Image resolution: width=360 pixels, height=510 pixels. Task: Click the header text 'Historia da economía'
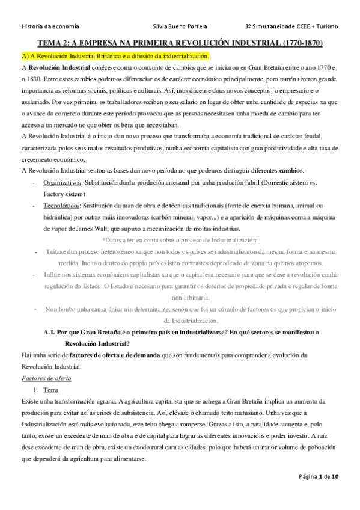tap(50, 28)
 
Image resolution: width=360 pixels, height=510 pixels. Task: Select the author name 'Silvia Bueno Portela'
tap(180, 28)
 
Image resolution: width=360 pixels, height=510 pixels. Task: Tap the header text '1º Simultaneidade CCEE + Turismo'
tap(292, 28)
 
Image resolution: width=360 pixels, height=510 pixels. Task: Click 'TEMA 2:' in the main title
tap(55, 43)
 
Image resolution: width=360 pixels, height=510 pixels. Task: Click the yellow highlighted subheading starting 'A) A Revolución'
tap(115, 56)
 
